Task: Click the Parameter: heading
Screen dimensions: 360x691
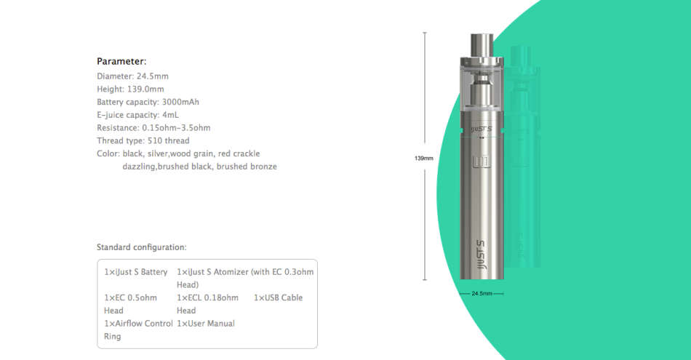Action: [x=121, y=61]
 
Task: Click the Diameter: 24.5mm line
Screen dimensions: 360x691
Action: [x=133, y=76]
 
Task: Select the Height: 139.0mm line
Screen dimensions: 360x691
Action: [x=130, y=89]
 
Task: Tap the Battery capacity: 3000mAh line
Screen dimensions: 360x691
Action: [x=148, y=102]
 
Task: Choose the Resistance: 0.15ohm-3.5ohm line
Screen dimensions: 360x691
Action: [x=153, y=128]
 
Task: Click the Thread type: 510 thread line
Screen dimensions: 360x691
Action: [x=143, y=141]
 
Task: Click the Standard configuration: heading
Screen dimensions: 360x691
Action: [x=141, y=247]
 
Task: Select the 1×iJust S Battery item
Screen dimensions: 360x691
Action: [x=136, y=272]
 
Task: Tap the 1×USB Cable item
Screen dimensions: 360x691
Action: [x=278, y=297]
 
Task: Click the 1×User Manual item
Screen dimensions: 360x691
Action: [x=206, y=323]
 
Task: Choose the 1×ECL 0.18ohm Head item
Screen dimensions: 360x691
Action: [x=207, y=304]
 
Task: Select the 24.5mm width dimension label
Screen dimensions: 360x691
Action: [x=482, y=293]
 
